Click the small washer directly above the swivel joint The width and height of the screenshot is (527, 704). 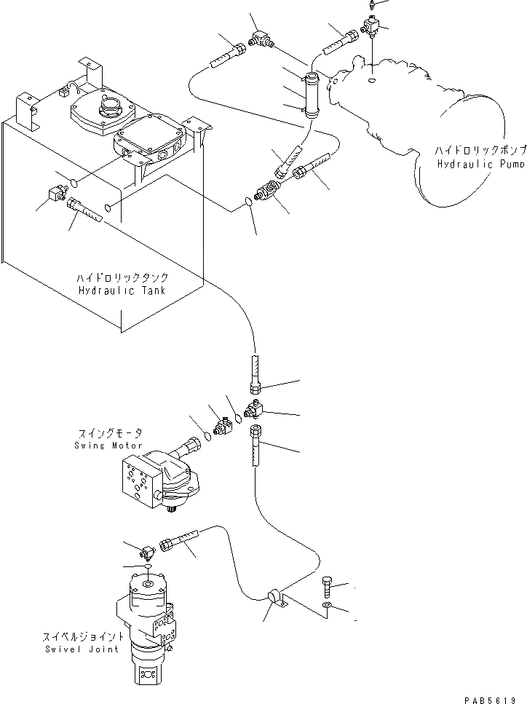[x=148, y=566]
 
